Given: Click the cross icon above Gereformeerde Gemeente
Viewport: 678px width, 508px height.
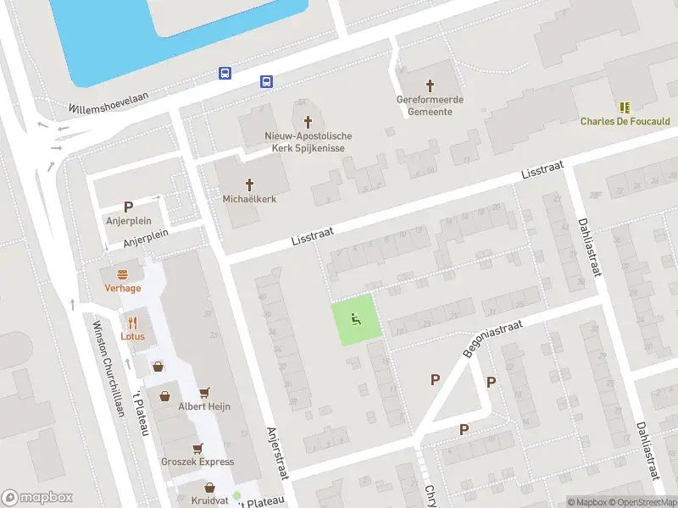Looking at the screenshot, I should pos(430,86).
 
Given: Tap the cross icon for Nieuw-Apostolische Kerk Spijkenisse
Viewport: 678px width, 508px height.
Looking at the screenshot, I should pos(308,122).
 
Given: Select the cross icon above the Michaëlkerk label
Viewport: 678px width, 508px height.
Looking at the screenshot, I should pos(250,185).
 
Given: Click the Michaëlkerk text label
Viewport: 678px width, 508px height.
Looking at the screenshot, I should pos(249,199).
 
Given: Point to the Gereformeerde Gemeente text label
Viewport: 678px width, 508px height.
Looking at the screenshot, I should pos(430,106).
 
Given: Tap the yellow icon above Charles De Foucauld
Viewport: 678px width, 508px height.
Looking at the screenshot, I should pos(625,108).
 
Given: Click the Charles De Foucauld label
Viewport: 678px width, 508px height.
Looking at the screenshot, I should pos(625,121).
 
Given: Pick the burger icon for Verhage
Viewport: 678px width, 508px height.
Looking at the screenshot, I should pos(123,274).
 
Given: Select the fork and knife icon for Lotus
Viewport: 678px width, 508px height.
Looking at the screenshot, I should pos(133,323).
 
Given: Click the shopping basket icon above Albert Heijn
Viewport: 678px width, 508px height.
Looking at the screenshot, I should pos(204,393).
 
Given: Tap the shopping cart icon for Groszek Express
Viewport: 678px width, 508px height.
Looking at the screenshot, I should pos(198,448).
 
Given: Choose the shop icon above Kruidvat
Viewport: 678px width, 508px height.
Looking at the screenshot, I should pos(209,488).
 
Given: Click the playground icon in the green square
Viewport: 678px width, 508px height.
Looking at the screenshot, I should pos(356,319).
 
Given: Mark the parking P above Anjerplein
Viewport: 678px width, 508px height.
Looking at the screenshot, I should pos(129,207).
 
